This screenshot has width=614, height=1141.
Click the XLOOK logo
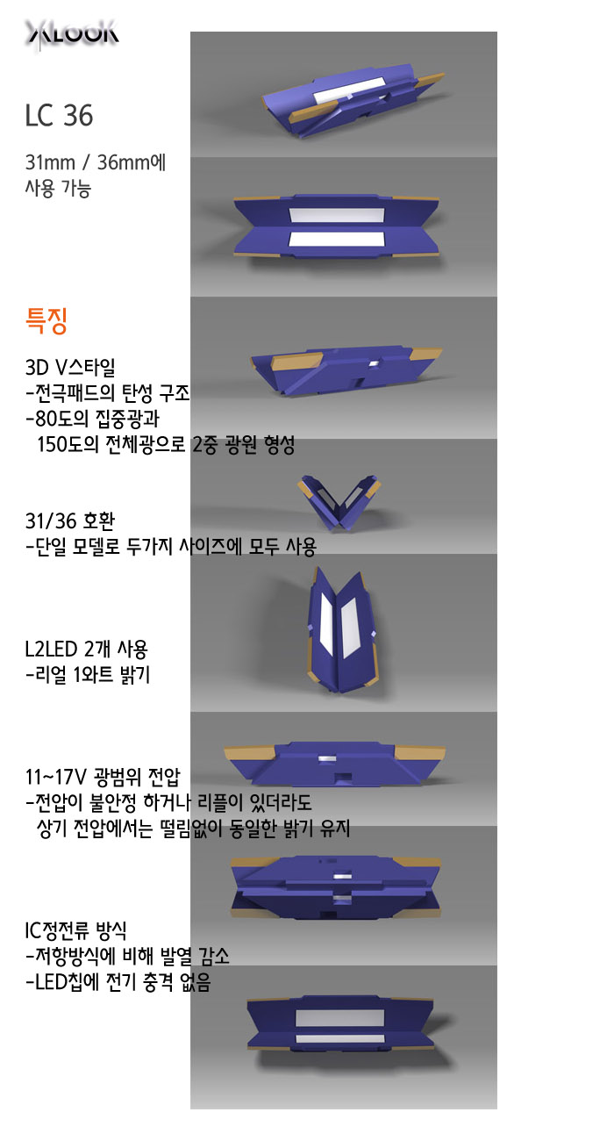(x=72, y=34)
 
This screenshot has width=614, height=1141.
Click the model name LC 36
(x=59, y=116)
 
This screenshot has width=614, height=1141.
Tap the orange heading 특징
(x=46, y=321)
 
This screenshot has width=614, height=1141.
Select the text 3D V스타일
(x=70, y=367)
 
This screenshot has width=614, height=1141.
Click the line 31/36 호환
(x=70, y=520)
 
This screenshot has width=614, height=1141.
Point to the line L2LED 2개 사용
(x=87, y=649)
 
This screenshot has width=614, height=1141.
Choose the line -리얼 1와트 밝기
(x=88, y=674)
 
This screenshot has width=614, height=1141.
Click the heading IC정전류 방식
(x=75, y=930)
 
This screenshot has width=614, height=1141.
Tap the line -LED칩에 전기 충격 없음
(x=118, y=981)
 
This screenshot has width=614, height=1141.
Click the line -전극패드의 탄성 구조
(x=107, y=392)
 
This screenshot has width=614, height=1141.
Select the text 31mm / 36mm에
(x=96, y=162)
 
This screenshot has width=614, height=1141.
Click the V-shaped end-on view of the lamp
(x=339, y=502)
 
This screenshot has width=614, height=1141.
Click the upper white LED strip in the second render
(x=337, y=215)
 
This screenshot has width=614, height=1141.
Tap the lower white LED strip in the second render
(x=337, y=239)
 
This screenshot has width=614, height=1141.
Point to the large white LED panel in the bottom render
(x=339, y=1018)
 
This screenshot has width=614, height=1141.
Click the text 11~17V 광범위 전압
(x=103, y=777)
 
